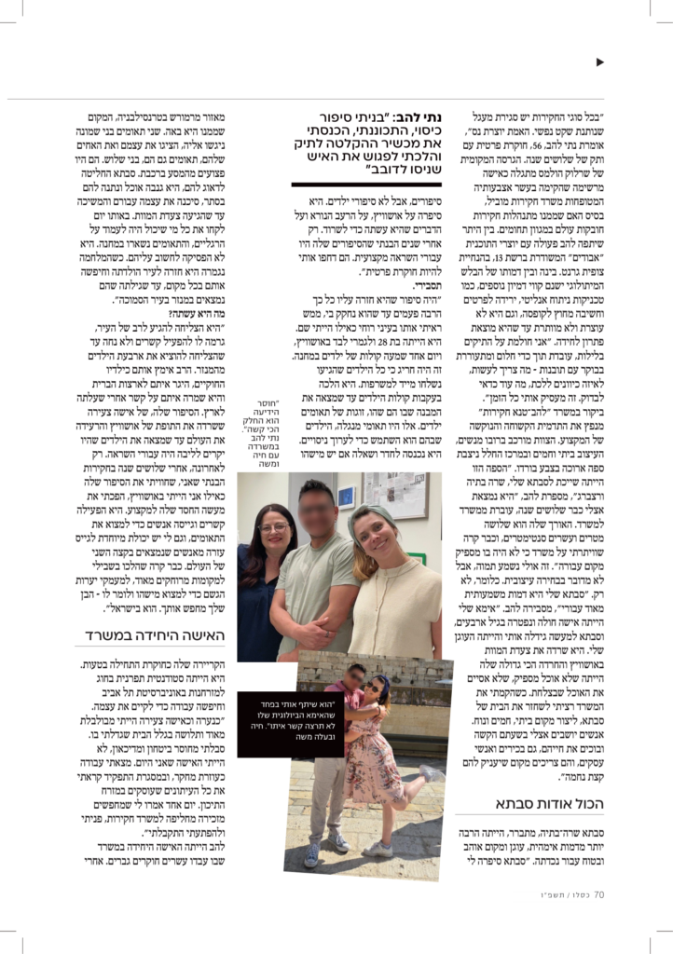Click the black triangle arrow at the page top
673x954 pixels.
coord(600,62)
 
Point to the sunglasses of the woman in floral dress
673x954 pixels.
coord(377,702)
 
